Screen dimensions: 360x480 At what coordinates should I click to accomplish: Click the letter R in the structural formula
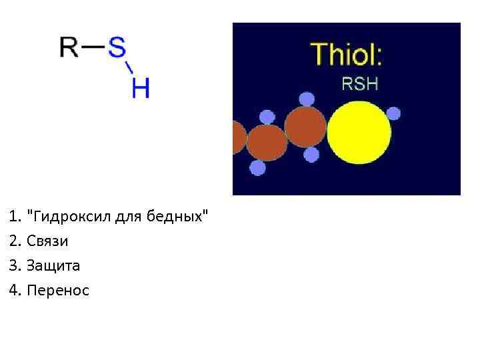tap(69, 47)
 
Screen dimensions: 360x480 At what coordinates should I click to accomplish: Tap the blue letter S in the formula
tap(117, 47)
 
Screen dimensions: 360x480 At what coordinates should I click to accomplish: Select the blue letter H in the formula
tap(141, 88)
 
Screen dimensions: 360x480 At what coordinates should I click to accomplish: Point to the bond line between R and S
tap(93, 47)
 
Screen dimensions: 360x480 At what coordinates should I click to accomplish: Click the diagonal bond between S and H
tap(129, 68)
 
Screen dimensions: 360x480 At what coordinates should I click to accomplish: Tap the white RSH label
tap(359, 84)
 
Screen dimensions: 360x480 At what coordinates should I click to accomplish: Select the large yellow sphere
tap(359, 132)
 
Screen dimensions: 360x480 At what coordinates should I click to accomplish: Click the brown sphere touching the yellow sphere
tap(305, 127)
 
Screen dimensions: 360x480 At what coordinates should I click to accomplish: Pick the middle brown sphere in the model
tap(267, 143)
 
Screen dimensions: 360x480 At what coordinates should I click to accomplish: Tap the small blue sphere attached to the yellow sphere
tap(393, 113)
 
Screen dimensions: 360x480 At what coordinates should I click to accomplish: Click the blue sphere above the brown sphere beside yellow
tap(307, 99)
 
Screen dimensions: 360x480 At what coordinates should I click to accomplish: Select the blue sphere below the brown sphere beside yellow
tap(311, 155)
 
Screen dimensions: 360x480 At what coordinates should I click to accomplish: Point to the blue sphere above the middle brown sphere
tap(267, 117)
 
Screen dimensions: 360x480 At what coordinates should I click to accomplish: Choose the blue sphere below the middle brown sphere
tap(257, 168)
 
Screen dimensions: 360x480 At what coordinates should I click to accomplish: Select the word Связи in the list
tap(47, 241)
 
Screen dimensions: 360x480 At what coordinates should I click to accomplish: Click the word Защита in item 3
tap(53, 265)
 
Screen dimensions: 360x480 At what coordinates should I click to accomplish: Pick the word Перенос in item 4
tap(57, 290)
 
